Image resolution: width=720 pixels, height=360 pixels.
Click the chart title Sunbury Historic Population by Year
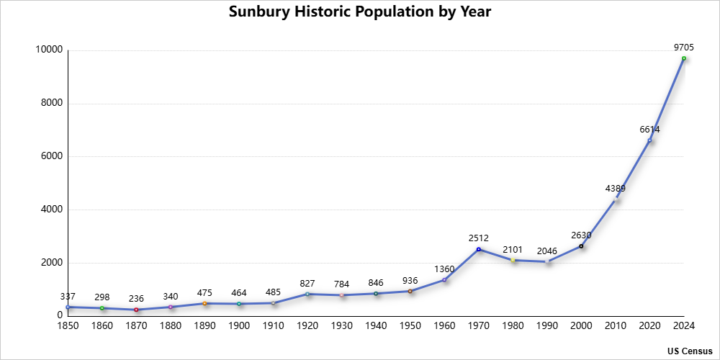tap(360, 12)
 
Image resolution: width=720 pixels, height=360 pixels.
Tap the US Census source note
tap(689, 351)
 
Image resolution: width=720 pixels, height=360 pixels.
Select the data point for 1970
tap(478, 249)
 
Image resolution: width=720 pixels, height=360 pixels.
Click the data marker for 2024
tap(683, 58)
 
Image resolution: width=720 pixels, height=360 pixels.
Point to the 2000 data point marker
tap(581, 246)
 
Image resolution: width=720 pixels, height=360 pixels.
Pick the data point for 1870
tap(136, 310)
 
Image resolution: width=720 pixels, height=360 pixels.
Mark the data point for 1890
tap(204, 303)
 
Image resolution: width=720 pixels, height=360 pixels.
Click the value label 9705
tap(683, 47)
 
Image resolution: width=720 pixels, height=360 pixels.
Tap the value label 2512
tap(478, 238)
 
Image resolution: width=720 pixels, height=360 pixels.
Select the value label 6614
tap(649, 130)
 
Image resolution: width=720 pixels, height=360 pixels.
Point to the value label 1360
tap(444, 269)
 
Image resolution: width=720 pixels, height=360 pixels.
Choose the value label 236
tap(136, 298)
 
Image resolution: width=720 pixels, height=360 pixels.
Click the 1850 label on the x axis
tap(68, 326)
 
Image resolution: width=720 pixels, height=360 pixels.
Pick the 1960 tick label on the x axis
tap(444, 326)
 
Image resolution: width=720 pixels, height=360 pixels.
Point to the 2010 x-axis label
tap(615, 326)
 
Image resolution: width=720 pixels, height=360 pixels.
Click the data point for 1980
tap(513, 260)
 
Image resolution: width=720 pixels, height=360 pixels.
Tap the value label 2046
tap(546, 251)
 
